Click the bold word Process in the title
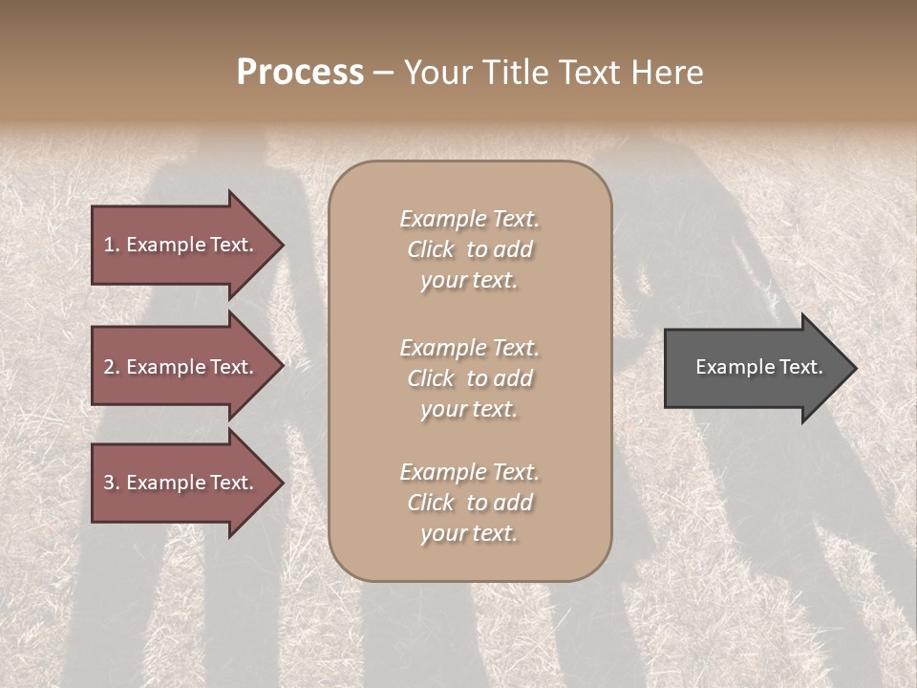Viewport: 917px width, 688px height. pyautogui.click(x=300, y=72)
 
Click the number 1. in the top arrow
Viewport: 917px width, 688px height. pyautogui.click(x=112, y=245)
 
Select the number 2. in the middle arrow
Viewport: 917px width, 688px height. pyautogui.click(x=112, y=367)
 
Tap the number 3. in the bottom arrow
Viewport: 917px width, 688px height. pyautogui.click(x=112, y=483)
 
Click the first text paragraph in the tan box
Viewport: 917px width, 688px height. pyautogui.click(x=469, y=249)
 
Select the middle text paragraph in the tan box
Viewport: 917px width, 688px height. pyautogui.click(x=469, y=377)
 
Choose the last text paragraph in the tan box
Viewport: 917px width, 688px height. pyautogui.click(x=469, y=503)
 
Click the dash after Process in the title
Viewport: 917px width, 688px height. pyautogui.click(x=383, y=73)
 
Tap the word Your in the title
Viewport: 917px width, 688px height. pyautogui.click(x=436, y=73)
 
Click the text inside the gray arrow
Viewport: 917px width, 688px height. pyautogui.click(x=758, y=367)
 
